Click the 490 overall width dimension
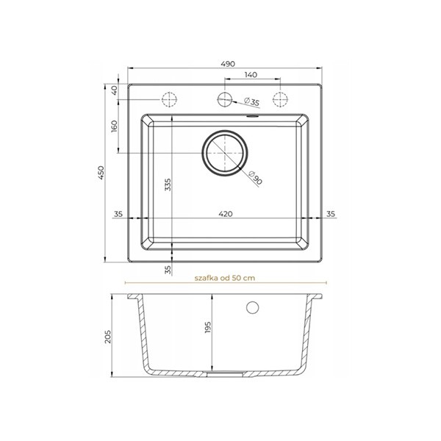(x=228, y=64)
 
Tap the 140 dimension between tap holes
(x=251, y=75)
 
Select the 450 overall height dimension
(x=101, y=173)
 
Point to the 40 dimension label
(x=114, y=90)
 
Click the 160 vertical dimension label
(x=114, y=126)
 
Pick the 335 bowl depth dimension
(x=168, y=184)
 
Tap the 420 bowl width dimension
(x=226, y=214)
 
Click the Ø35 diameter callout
(x=251, y=101)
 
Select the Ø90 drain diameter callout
(x=256, y=178)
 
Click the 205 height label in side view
(x=108, y=337)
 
